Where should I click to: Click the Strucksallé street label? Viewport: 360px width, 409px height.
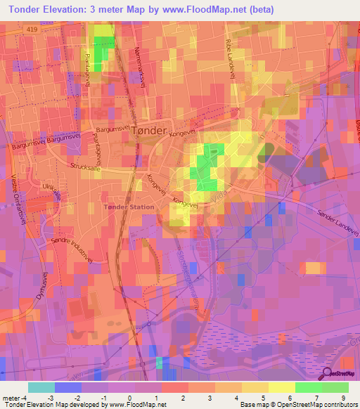pyautogui.click(x=87, y=167)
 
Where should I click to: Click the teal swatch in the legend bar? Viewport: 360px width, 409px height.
pyautogui.click(x=41, y=387)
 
